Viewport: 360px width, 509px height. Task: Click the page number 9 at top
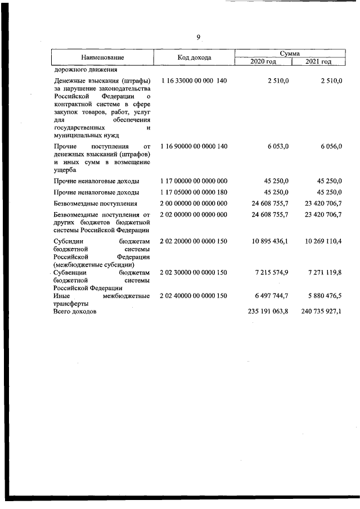coord(198,37)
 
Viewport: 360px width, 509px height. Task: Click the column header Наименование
coord(102,57)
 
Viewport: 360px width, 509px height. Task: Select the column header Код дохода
coord(194,57)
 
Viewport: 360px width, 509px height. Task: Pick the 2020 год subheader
coord(263,61)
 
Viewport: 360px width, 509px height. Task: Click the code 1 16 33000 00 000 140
coord(193,81)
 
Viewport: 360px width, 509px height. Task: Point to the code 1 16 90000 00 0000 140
coord(193,146)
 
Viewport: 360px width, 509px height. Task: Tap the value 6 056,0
coord(329,146)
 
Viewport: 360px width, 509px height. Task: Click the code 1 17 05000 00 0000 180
coord(193,192)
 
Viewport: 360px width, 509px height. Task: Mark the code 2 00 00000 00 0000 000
coord(193,204)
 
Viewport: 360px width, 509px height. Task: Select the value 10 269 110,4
coord(321,241)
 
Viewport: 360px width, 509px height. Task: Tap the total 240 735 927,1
coord(321,310)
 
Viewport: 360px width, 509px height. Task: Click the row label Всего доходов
coord(75,310)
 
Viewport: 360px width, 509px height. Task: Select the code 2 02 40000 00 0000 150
coord(193,295)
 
